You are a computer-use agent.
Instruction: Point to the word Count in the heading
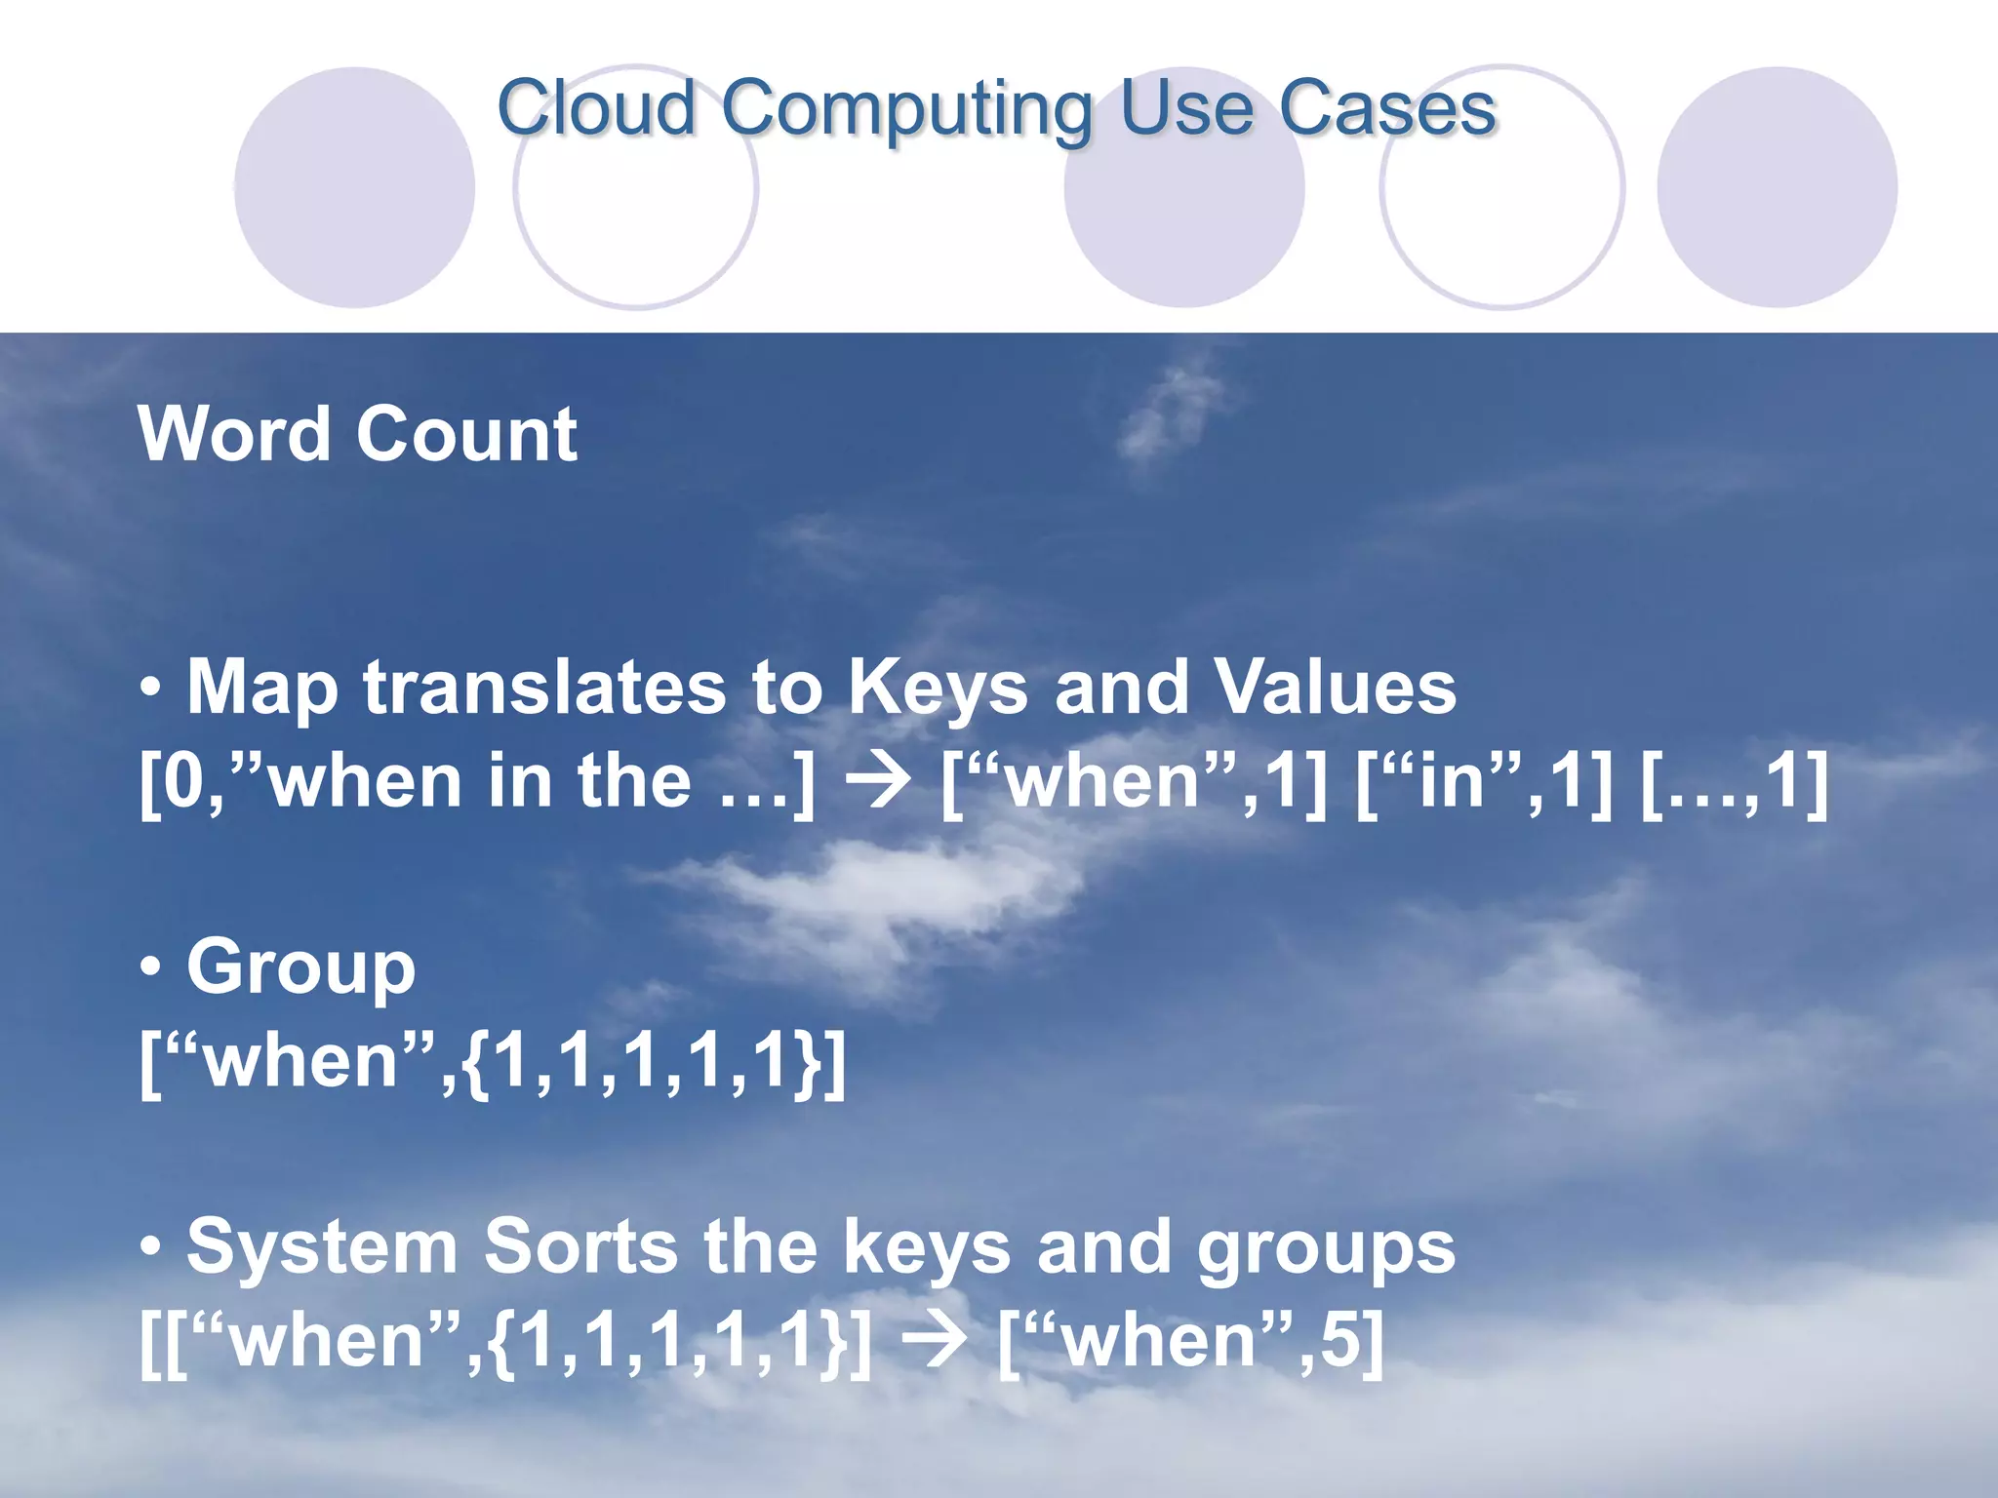[466, 435]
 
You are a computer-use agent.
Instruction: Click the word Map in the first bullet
[261, 689]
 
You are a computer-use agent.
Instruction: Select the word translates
[544, 688]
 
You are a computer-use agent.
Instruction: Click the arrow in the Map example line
[879, 782]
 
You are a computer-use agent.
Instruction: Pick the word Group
[300, 967]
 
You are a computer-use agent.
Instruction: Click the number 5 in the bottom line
[1339, 1339]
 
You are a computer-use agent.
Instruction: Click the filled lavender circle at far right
[1777, 187]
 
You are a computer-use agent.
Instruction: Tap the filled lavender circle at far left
[354, 187]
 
